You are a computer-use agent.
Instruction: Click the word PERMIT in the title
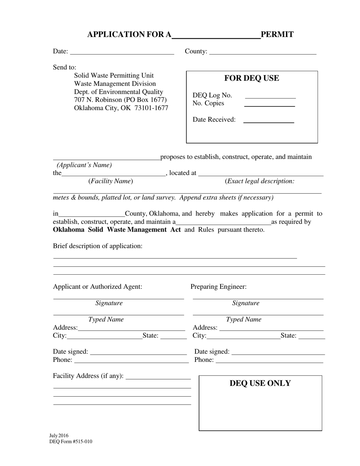tap(277, 34)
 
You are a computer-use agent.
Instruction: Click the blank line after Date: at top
tap(122, 52)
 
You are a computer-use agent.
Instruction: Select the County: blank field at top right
tap(263, 52)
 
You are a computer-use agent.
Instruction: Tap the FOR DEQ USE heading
tap(252, 78)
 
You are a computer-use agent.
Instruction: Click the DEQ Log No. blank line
tap(270, 96)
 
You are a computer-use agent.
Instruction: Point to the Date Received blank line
tap(269, 120)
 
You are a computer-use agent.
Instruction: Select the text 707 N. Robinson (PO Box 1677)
tap(120, 100)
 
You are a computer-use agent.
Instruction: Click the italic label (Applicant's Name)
tap(84, 165)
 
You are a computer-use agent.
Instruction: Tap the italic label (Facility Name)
tap(111, 181)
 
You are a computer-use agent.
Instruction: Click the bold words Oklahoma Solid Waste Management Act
tap(117, 230)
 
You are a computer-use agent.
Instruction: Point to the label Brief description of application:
tap(98, 246)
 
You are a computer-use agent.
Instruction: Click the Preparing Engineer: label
tap(219, 287)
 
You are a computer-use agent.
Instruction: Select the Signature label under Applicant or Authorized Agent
tap(109, 303)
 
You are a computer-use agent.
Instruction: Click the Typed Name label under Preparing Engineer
tap(244, 319)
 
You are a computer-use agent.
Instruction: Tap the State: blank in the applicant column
tap(174, 336)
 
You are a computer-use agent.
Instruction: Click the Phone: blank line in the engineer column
tap(269, 361)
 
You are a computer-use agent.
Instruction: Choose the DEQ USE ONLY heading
tap(260, 383)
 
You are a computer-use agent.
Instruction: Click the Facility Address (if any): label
tap(88, 376)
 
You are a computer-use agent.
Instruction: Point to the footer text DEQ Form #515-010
tap(70, 441)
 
